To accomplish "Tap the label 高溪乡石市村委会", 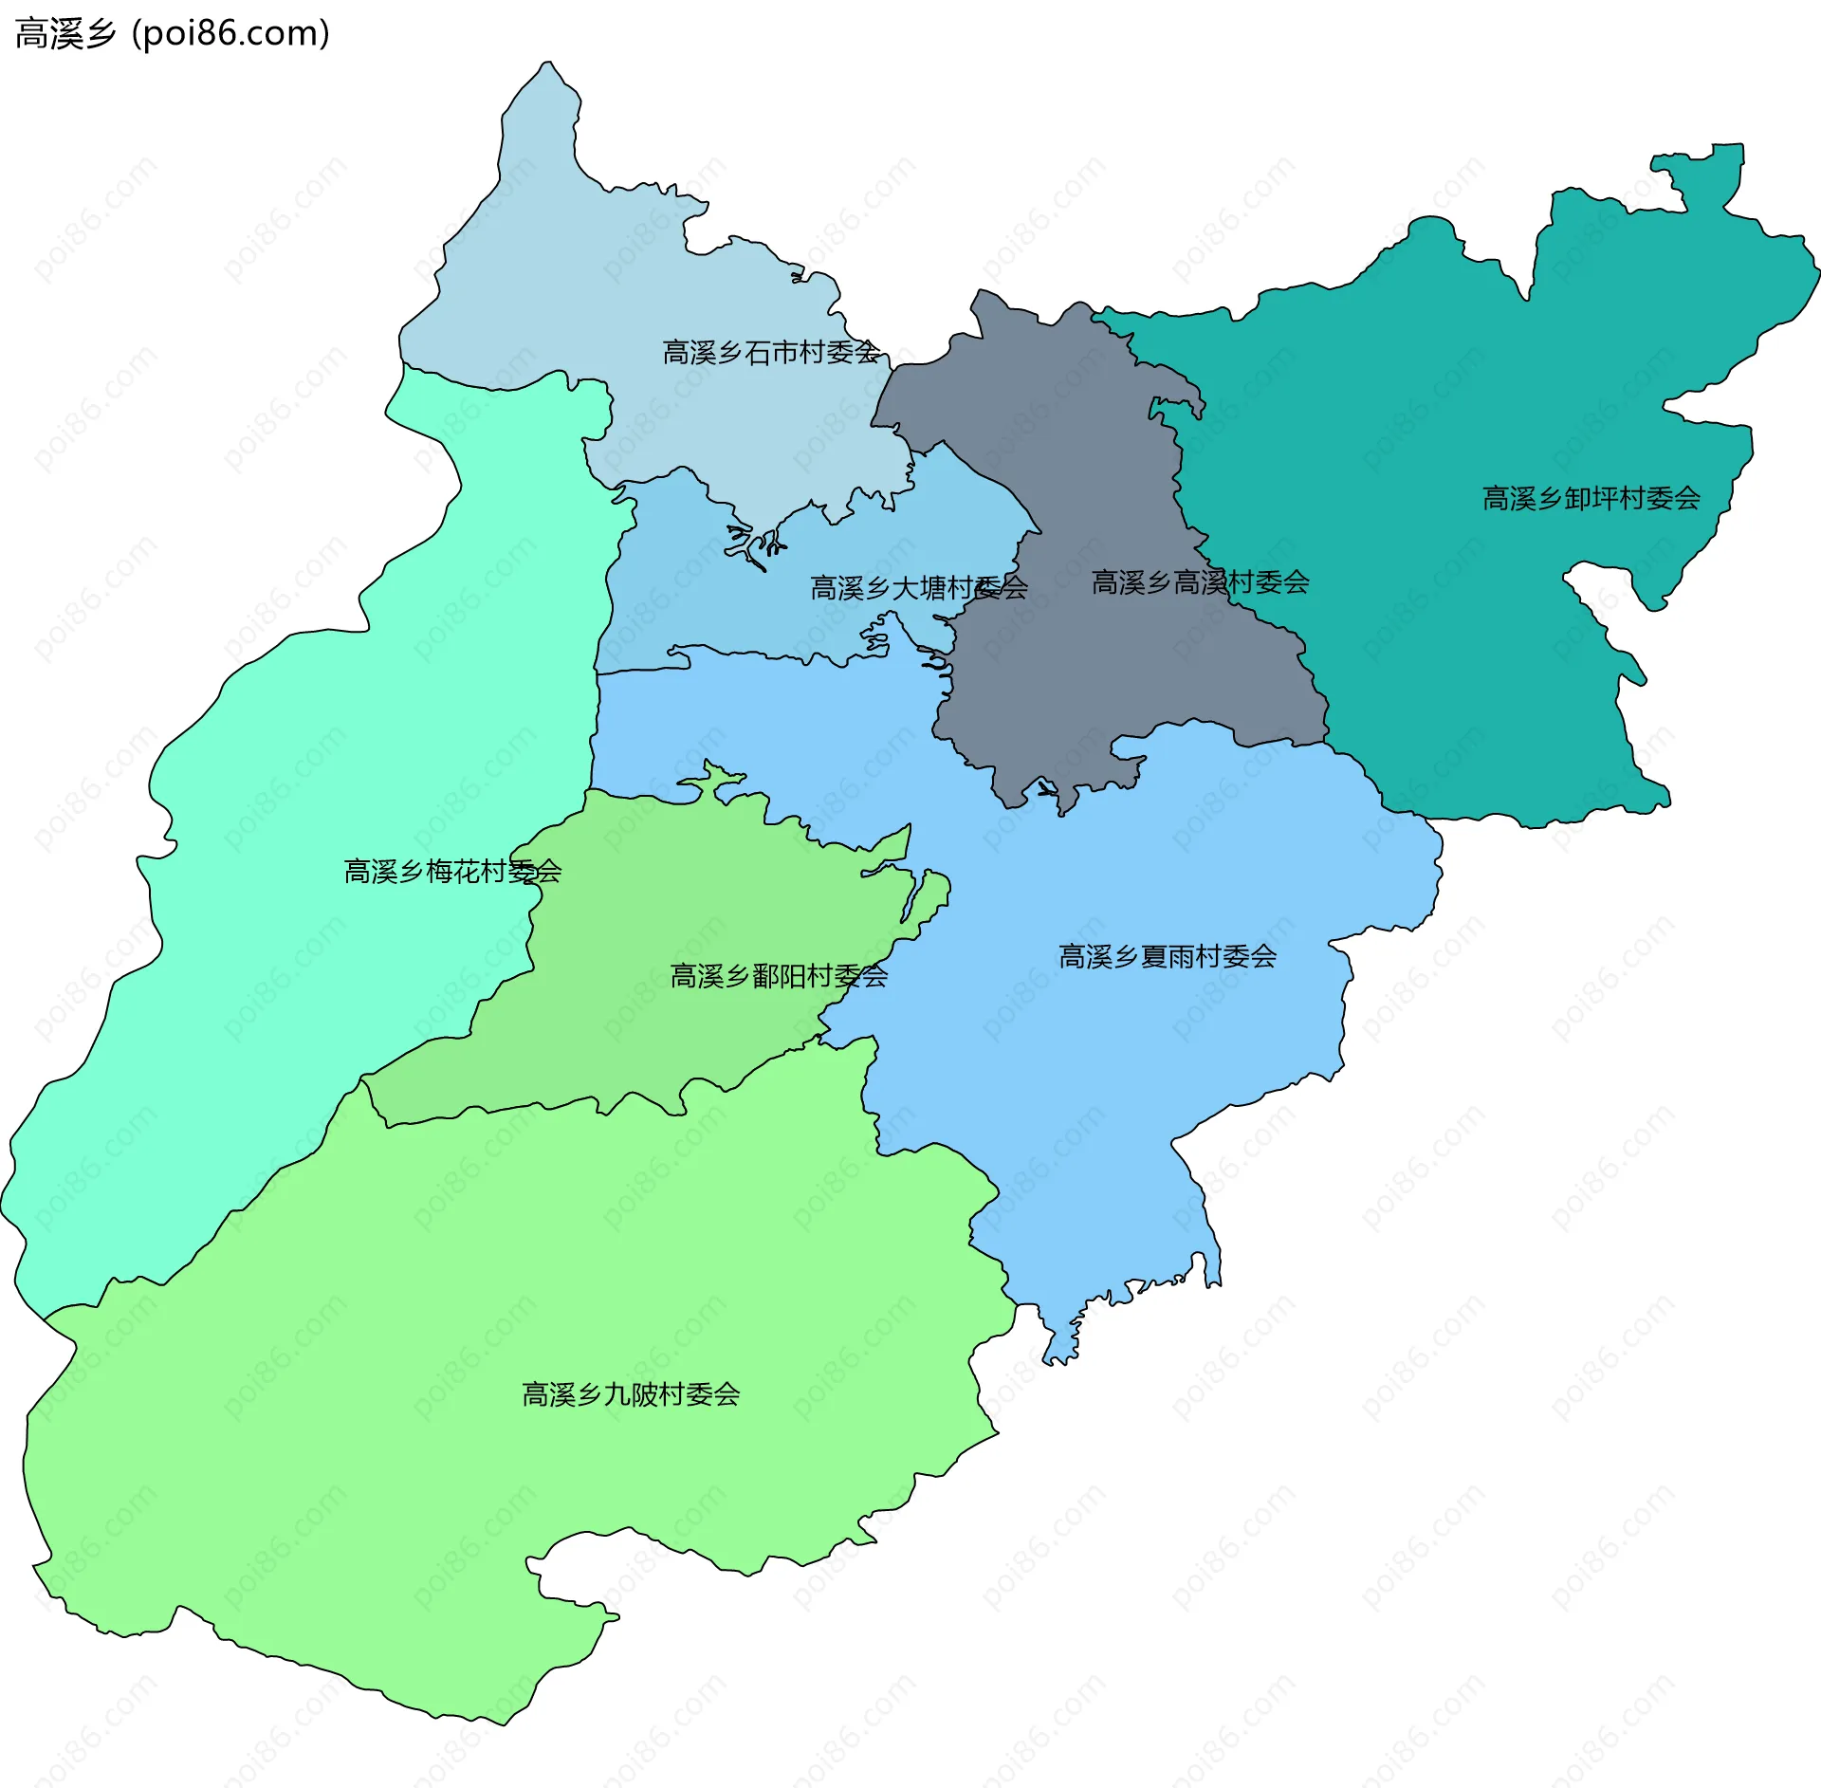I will (770, 353).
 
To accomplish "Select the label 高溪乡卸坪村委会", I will (1591, 498).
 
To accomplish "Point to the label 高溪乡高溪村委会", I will (1200, 582).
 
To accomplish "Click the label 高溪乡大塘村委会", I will (918, 588).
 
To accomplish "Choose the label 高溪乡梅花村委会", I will (452, 871).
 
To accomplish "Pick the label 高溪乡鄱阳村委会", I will (779, 975).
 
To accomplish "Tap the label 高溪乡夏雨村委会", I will (1168, 956).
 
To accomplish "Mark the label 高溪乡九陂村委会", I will (631, 1394).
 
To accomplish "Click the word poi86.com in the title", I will (232, 33).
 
